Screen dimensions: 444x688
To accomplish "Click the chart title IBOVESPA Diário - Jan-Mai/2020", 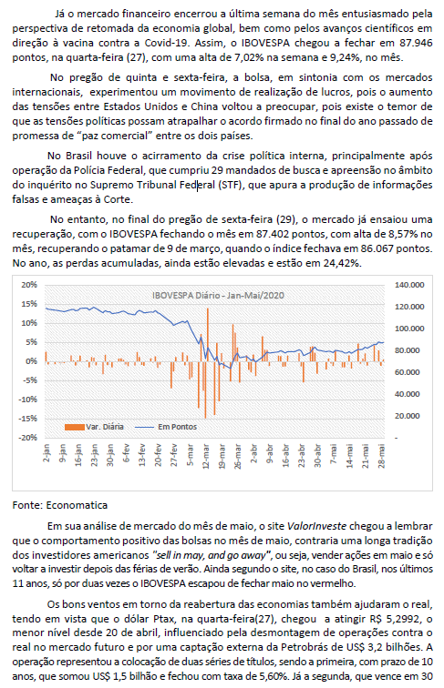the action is (218, 295).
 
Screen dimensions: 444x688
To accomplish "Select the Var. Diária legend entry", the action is (94, 427).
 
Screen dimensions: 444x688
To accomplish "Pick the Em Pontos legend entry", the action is (166, 427).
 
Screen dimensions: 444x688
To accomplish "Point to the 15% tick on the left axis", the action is (30, 304).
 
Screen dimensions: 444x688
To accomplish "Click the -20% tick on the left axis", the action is (28, 438).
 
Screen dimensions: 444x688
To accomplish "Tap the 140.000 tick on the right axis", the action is (409, 285).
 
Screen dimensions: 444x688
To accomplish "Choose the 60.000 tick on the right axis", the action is (407, 372).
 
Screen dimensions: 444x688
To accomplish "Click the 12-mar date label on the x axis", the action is (206, 456).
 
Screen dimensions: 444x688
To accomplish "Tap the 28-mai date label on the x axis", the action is (382, 456).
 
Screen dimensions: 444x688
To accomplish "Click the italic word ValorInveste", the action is (316, 526).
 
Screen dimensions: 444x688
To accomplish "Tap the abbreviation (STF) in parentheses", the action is (231, 185).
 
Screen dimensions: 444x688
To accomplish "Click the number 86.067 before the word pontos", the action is (377, 248).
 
